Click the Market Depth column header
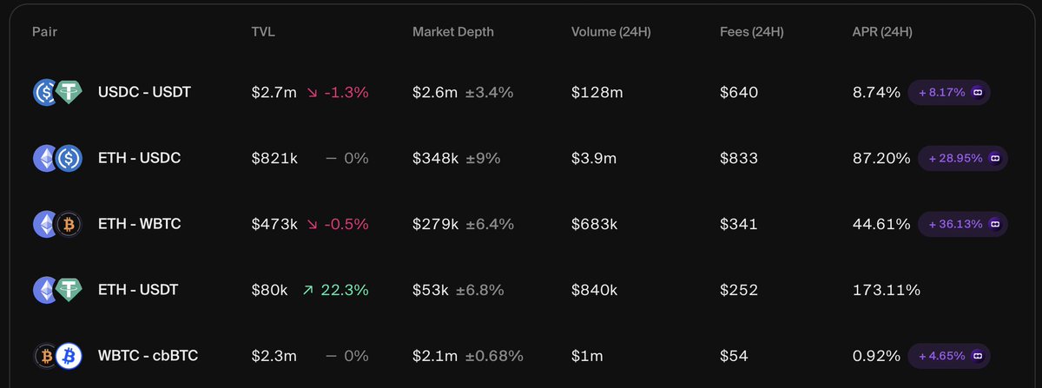click(453, 33)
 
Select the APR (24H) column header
click(882, 33)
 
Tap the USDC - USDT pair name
click(144, 92)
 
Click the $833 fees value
click(739, 158)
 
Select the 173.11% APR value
click(887, 290)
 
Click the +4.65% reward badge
click(947, 355)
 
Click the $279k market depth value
click(435, 224)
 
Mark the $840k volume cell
click(594, 290)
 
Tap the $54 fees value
click(734, 355)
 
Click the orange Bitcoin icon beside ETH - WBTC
click(69, 224)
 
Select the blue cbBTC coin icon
click(69, 355)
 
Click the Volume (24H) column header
click(611, 33)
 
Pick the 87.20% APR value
click(881, 158)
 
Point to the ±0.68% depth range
click(494, 355)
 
